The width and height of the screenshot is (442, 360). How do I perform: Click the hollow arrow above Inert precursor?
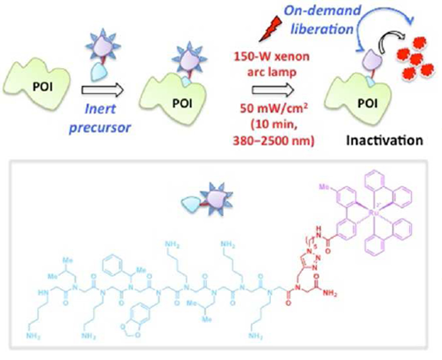(102, 89)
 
